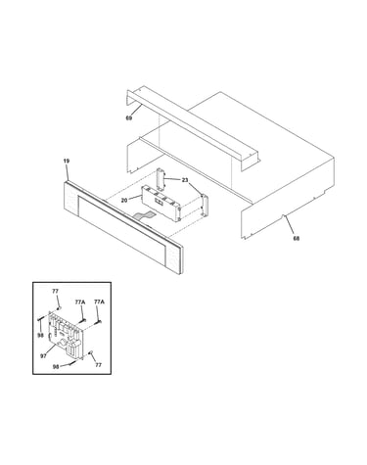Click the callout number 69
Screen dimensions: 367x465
click(x=129, y=118)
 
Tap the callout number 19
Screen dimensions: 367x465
click(x=67, y=161)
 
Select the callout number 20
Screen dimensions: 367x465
click(x=124, y=201)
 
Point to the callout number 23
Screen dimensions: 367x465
click(x=185, y=180)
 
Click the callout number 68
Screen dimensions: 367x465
click(x=296, y=239)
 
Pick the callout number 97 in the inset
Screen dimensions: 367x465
click(x=43, y=356)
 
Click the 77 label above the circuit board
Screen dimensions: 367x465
click(x=55, y=292)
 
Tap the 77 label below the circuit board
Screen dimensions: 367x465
click(x=98, y=365)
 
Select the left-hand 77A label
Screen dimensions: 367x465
click(x=80, y=302)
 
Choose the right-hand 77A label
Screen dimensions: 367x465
click(x=99, y=302)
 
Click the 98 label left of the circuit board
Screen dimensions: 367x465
click(x=40, y=335)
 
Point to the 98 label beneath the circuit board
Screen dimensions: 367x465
click(x=56, y=367)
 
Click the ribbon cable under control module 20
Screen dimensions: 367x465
click(x=144, y=215)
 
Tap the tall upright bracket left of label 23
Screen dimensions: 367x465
click(x=161, y=178)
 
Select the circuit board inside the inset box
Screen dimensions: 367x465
click(x=67, y=335)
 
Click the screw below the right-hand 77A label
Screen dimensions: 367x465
click(x=98, y=322)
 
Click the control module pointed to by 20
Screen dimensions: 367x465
click(x=161, y=203)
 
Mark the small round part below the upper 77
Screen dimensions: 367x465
click(x=59, y=307)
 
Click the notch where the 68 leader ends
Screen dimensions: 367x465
click(x=284, y=215)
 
